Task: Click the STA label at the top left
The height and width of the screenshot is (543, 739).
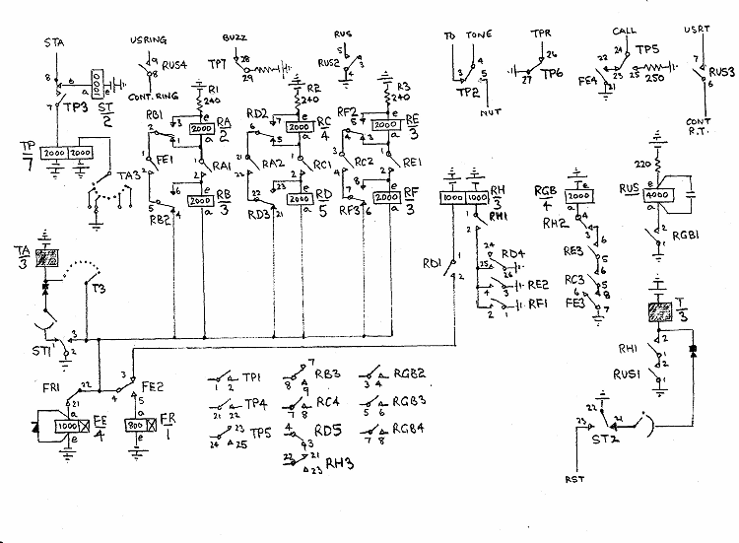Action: click(55, 44)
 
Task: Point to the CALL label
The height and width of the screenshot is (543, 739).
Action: click(625, 32)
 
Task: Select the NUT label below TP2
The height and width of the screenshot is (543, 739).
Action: click(490, 114)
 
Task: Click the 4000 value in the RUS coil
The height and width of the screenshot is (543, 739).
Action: click(657, 195)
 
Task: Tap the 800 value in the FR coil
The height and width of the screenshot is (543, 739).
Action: click(136, 426)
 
